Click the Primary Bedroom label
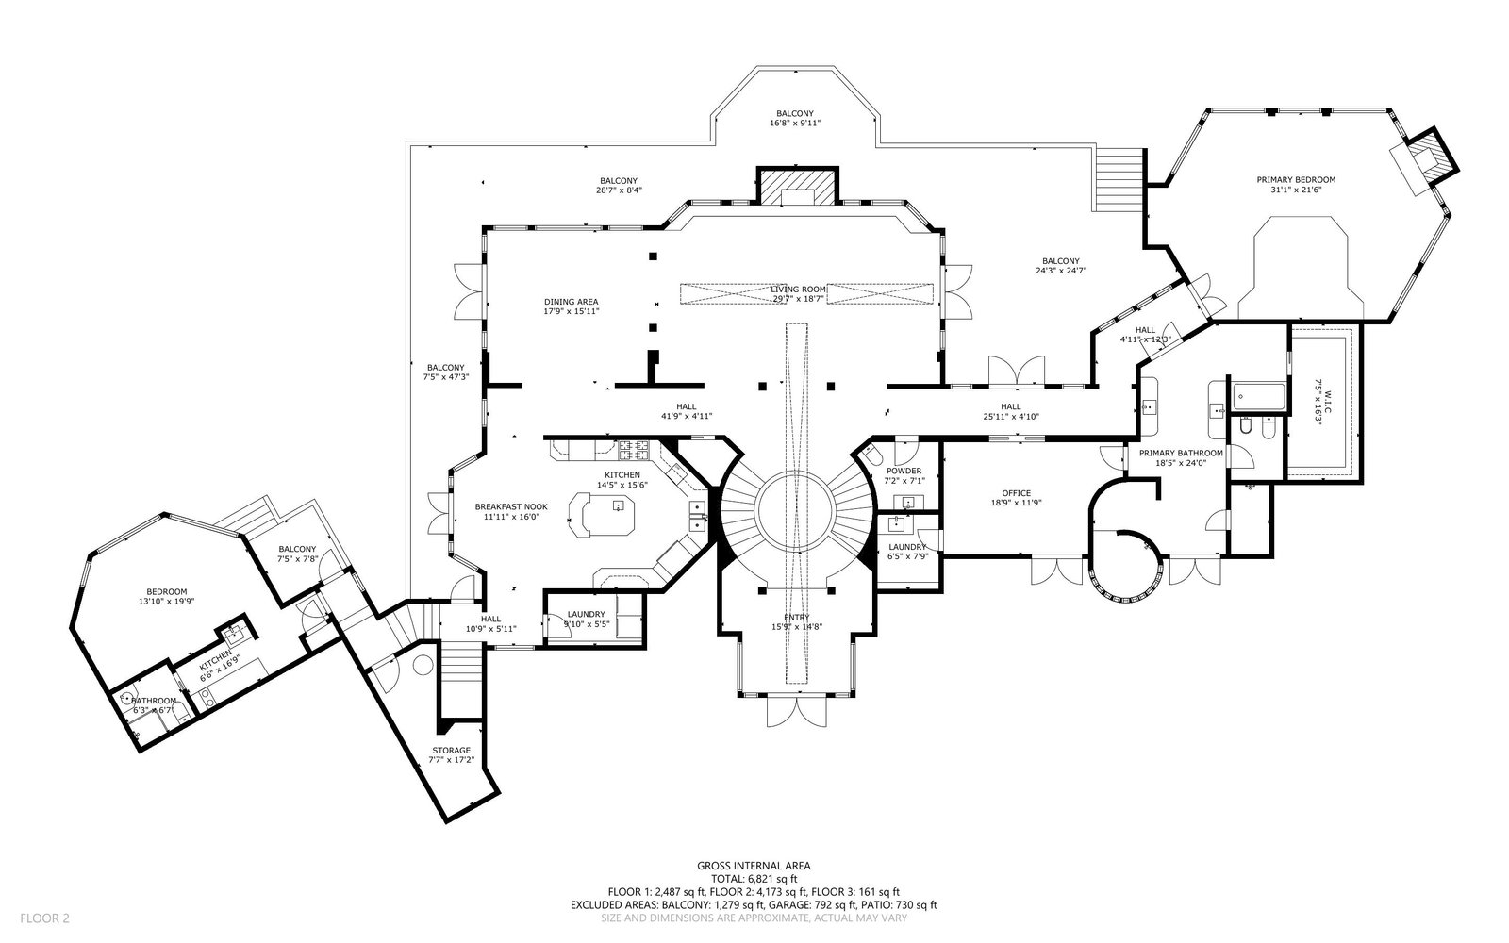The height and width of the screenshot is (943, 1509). point(1295,179)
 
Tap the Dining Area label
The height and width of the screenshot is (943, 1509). point(571,302)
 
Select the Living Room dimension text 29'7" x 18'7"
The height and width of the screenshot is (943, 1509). point(799,299)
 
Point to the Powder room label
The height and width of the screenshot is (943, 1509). point(904,471)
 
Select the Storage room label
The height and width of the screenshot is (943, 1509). point(451,751)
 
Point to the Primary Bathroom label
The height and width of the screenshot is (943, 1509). point(1180,453)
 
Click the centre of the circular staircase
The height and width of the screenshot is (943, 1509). point(794,514)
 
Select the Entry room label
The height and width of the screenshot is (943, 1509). point(790,618)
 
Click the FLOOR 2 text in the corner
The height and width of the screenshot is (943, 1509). point(44,918)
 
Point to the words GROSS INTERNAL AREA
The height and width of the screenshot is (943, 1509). point(754,865)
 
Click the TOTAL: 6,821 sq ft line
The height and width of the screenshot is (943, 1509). point(754,878)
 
